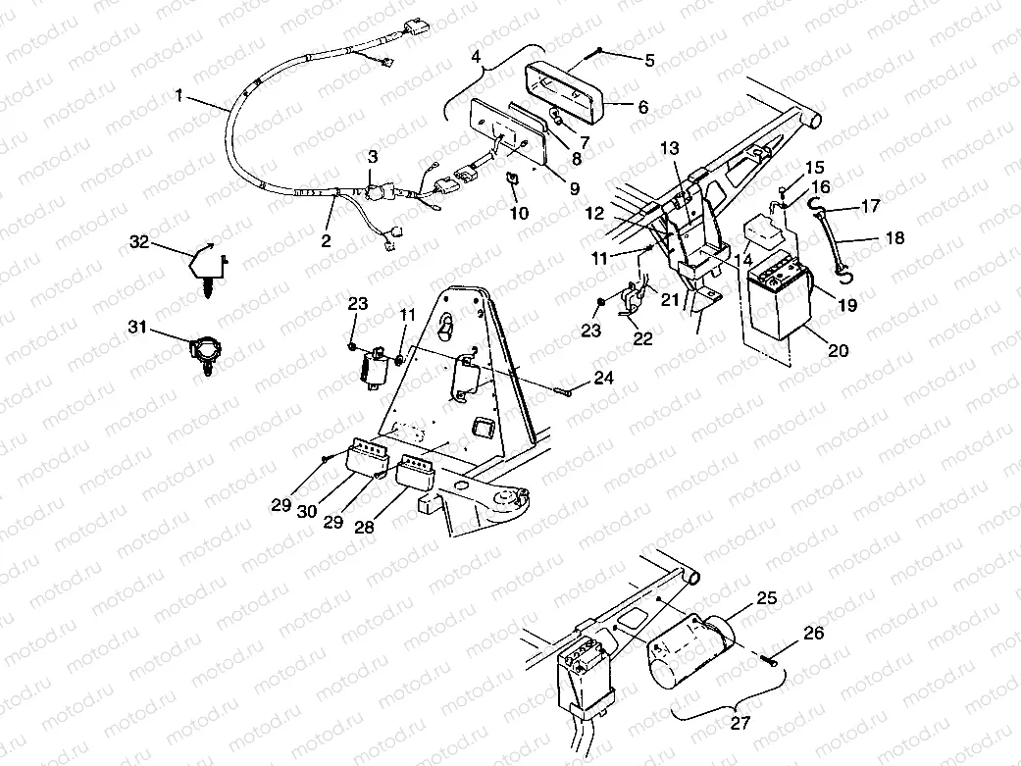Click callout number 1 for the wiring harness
pyautogui.click(x=179, y=95)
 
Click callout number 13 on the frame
pyautogui.click(x=669, y=148)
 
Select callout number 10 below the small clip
pyautogui.click(x=519, y=213)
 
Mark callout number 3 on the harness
pyautogui.click(x=373, y=157)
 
